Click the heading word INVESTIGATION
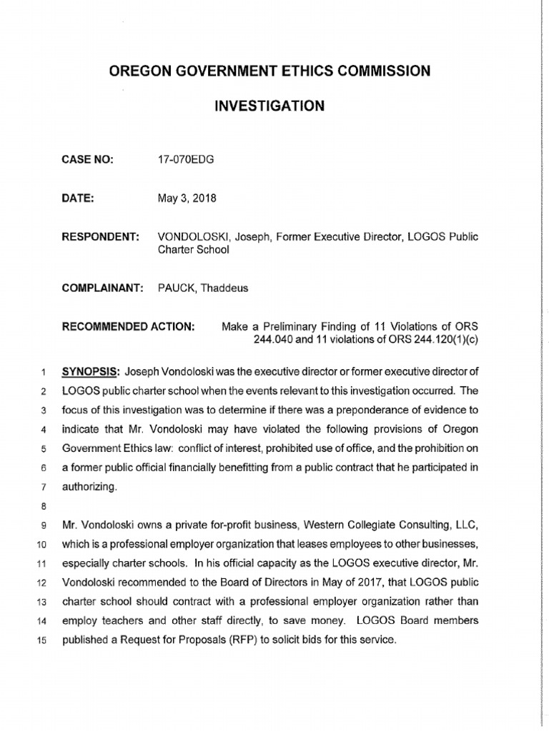(269, 106)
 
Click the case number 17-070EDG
(185, 160)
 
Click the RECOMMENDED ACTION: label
(129, 326)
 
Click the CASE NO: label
(89, 160)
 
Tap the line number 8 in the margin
(41, 508)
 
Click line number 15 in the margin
(39, 639)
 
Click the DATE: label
(79, 198)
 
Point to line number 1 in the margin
(42, 372)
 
